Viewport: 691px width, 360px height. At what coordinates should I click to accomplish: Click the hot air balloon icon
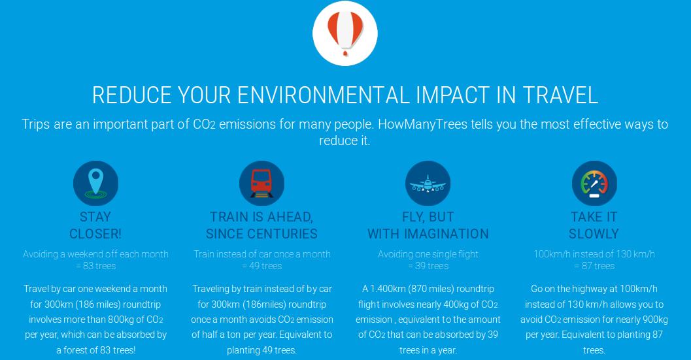[345, 33]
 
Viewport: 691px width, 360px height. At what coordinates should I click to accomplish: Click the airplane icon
[428, 184]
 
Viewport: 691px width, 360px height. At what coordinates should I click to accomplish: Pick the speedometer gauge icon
[594, 184]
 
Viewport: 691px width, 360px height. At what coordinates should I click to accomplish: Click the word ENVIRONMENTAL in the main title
[324, 95]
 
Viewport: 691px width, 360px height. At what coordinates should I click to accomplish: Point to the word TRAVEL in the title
[560, 95]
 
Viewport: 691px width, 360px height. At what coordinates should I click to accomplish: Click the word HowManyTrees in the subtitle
[422, 124]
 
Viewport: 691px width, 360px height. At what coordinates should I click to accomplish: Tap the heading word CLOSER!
[95, 233]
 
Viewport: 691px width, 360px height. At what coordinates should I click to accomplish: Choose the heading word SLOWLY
[594, 233]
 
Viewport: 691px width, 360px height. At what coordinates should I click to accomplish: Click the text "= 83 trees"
[96, 266]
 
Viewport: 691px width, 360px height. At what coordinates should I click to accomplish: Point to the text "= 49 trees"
[261, 266]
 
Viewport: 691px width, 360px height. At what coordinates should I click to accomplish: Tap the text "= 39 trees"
[428, 266]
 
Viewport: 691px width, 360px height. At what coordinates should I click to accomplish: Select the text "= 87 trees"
[594, 266]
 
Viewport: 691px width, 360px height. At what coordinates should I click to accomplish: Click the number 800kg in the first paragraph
[121, 319]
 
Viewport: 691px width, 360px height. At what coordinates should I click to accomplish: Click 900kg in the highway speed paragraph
[654, 319]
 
